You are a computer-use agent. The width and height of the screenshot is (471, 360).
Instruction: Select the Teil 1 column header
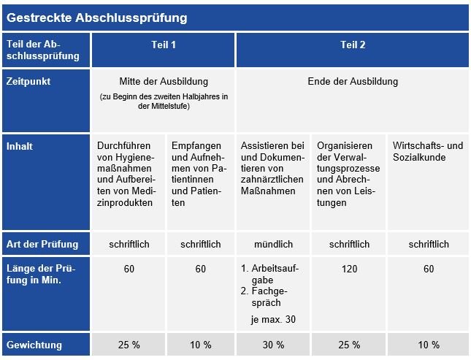163,45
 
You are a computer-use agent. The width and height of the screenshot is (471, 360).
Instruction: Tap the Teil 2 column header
353,45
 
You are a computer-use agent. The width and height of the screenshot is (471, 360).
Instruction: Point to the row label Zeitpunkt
28,82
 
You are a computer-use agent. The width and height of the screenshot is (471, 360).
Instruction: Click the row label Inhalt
19,146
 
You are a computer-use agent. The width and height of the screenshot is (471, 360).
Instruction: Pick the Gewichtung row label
34,345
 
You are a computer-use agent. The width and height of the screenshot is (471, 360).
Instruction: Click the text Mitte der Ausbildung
164,81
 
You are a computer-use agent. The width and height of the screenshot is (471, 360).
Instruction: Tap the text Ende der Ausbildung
353,81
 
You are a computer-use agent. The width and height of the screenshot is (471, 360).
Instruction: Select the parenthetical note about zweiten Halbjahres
164,102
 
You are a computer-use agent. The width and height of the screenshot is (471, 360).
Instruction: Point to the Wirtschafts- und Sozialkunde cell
427,151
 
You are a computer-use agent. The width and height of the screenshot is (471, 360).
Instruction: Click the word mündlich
274,244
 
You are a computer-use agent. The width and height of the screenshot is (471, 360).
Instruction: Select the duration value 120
349,269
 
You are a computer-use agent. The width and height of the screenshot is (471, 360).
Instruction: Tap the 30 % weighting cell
274,345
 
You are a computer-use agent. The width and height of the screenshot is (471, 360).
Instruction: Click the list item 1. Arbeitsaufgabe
269,275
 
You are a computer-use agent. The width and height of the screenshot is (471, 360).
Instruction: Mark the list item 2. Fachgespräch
269,296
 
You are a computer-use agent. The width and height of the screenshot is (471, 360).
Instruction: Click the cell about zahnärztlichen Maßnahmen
273,168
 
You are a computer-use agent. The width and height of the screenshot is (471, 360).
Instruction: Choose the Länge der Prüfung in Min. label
39,275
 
